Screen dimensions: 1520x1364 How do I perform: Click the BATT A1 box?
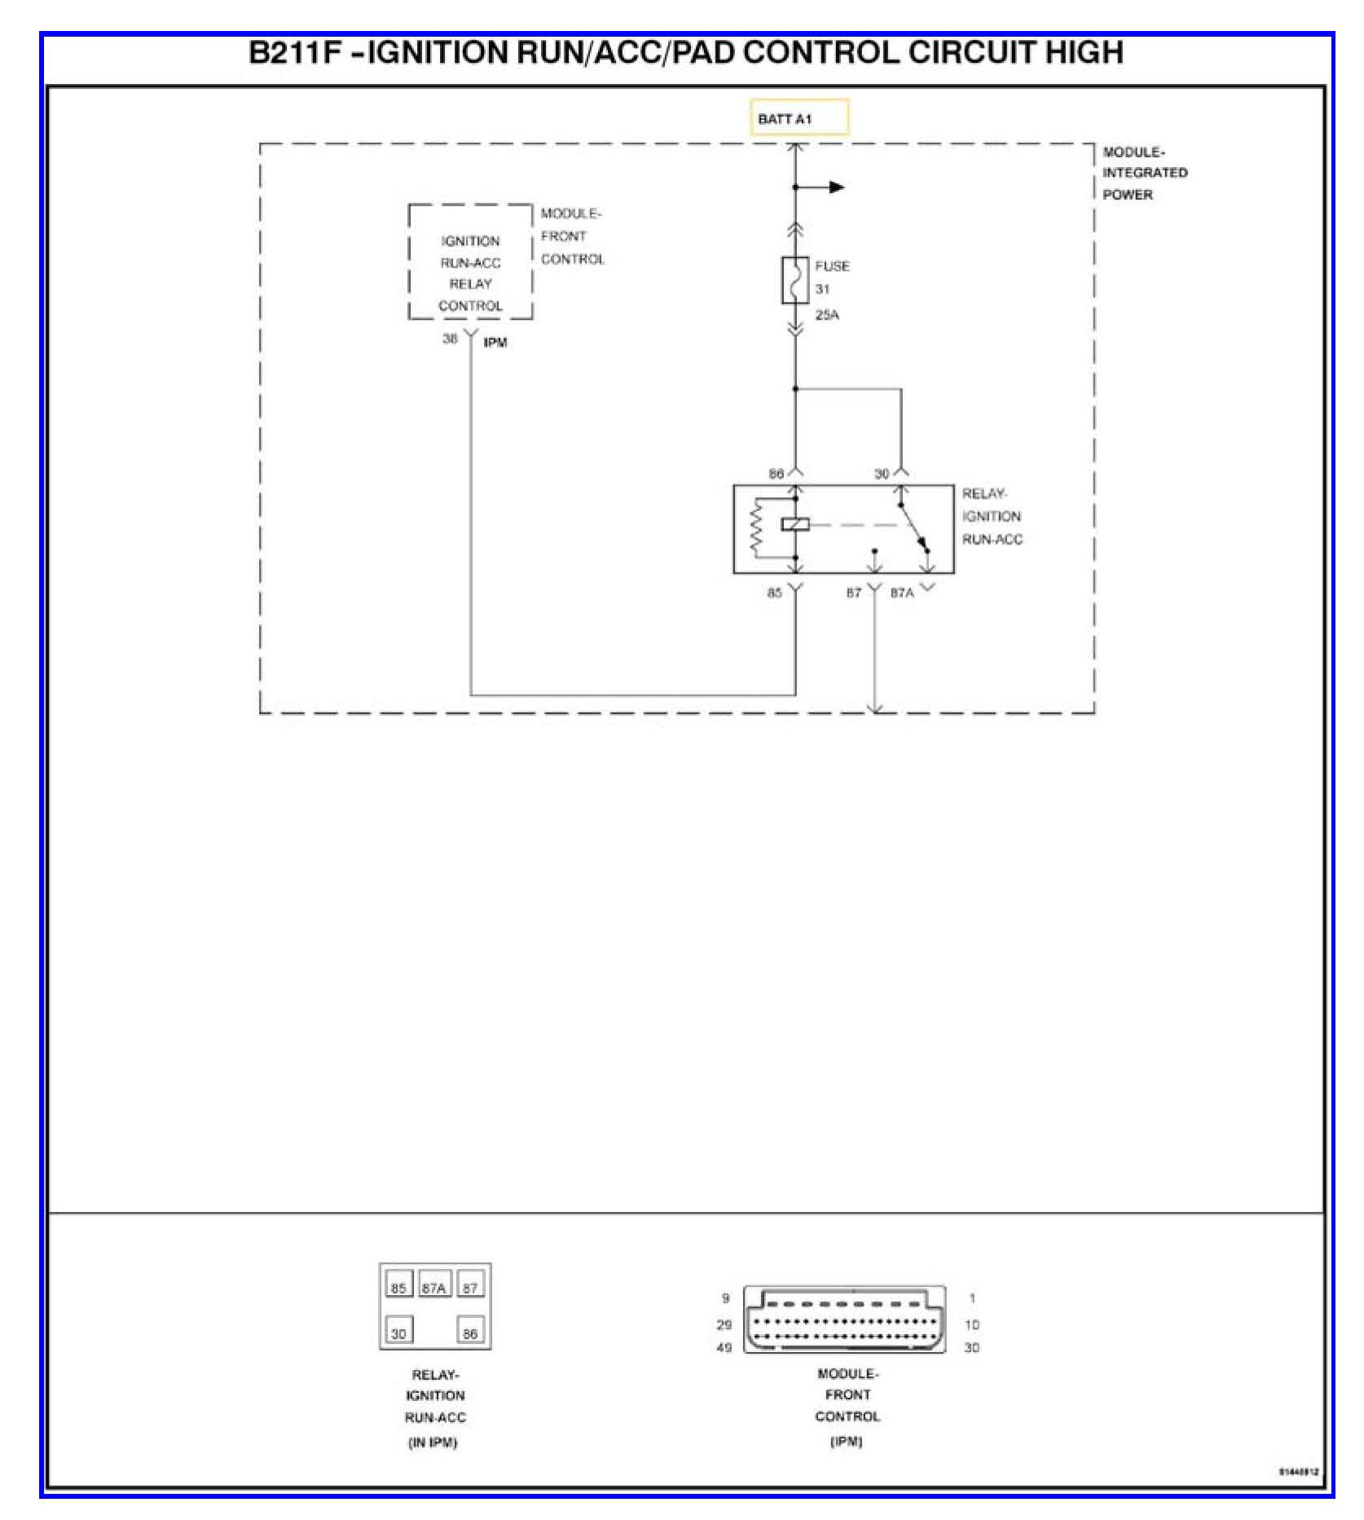click(x=799, y=118)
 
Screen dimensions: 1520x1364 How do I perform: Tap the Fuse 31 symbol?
click(x=795, y=280)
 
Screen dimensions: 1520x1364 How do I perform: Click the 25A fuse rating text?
click(x=827, y=315)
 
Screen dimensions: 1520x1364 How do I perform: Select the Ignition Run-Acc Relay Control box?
click(x=470, y=262)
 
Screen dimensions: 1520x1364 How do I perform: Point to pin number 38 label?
click(x=450, y=339)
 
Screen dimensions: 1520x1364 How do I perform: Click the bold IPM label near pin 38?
click(x=495, y=343)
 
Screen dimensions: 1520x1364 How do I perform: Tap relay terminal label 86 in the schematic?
click(x=776, y=474)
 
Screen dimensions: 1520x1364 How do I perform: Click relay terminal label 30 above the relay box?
click(x=882, y=474)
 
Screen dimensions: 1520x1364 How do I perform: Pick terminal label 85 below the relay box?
click(x=774, y=593)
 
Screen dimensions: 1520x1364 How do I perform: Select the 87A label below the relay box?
click(x=902, y=593)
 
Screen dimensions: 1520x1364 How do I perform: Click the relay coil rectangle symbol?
click(x=795, y=524)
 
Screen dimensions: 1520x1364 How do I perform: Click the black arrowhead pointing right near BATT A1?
click(x=837, y=187)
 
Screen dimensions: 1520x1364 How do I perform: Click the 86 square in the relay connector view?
click(x=470, y=1333)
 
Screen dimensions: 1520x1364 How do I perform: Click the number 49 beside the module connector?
click(x=724, y=1348)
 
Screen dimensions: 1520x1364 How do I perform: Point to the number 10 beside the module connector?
click(x=971, y=1325)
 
